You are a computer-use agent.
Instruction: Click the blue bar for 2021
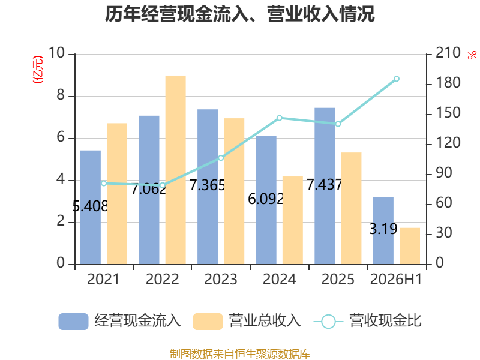[x=91, y=207]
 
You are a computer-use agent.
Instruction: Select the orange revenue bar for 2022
[x=176, y=170]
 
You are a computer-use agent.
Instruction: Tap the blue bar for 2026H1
[x=383, y=230]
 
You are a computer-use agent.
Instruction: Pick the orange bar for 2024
[x=293, y=220]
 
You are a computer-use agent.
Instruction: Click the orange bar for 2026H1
[x=410, y=246]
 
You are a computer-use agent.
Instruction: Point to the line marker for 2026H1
[x=397, y=79]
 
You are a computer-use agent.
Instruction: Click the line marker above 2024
[x=280, y=118]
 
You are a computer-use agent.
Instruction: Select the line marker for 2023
[x=221, y=158]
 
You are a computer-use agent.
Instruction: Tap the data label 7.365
[x=207, y=185]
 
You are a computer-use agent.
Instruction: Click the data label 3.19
[x=383, y=229]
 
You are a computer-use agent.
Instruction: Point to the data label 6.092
[x=265, y=199]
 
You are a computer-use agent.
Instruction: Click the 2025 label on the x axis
[x=338, y=279]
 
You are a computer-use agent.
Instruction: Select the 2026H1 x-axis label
[x=396, y=279]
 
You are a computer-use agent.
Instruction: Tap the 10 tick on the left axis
[x=56, y=53]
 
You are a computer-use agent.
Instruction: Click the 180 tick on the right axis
[x=448, y=83]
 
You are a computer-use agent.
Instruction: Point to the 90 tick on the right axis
[x=444, y=173]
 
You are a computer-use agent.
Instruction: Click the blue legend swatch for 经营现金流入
[x=73, y=322]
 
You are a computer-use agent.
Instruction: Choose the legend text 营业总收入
[x=265, y=321]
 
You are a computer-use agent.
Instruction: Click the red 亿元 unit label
[x=38, y=70]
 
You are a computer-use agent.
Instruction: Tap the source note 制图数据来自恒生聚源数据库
[x=240, y=354]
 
